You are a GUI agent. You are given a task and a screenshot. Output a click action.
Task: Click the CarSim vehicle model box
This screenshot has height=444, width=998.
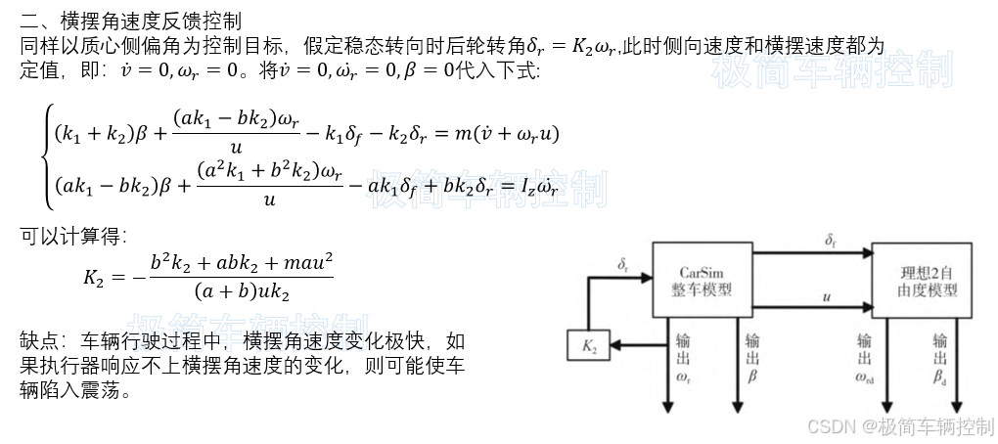click(702, 279)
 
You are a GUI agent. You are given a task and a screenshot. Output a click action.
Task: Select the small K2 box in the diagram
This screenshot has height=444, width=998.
click(589, 344)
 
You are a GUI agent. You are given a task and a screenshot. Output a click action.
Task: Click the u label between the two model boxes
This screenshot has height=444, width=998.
click(828, 296)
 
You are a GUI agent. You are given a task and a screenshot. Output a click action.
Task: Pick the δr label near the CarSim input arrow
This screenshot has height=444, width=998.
click(623, 264)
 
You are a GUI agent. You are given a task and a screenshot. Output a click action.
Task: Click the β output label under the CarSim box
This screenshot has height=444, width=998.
click(752, 376)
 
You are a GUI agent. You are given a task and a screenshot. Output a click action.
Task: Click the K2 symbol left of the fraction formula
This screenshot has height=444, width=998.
click(93, 277)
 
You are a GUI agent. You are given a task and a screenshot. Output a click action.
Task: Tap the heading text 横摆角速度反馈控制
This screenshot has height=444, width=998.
click(152, 21)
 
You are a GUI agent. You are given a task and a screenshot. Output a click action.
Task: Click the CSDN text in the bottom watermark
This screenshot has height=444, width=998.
click(828, 426)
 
